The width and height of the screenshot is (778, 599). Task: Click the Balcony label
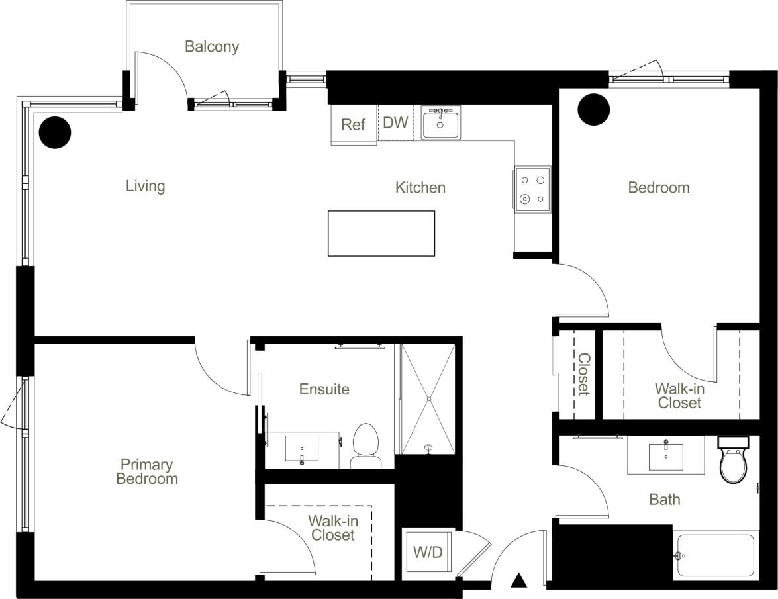(211, 47)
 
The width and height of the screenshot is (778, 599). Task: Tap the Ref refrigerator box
(353, 124)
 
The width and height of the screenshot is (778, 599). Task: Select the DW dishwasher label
(395, 123)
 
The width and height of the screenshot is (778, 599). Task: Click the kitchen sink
(440, 124)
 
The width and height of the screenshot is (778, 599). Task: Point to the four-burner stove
(532, 189)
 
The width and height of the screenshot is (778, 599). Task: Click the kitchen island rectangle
(381, 233)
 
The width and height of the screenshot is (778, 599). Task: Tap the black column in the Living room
(54, 132)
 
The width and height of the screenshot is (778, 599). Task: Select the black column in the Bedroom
(593, 109)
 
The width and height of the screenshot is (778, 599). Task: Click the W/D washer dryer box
(428, 552)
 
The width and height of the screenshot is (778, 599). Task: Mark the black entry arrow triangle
(519, 580)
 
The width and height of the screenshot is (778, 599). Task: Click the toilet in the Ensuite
(365, 445)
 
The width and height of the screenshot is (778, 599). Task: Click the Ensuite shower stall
(428, 399)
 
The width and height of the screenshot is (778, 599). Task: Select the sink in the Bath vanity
(665, 455)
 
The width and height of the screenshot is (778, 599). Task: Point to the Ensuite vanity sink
(302, 448)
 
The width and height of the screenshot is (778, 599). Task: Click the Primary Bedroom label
(147, 471)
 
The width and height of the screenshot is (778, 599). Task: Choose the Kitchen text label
(420, 188)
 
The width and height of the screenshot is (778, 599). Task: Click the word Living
(145, 186)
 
